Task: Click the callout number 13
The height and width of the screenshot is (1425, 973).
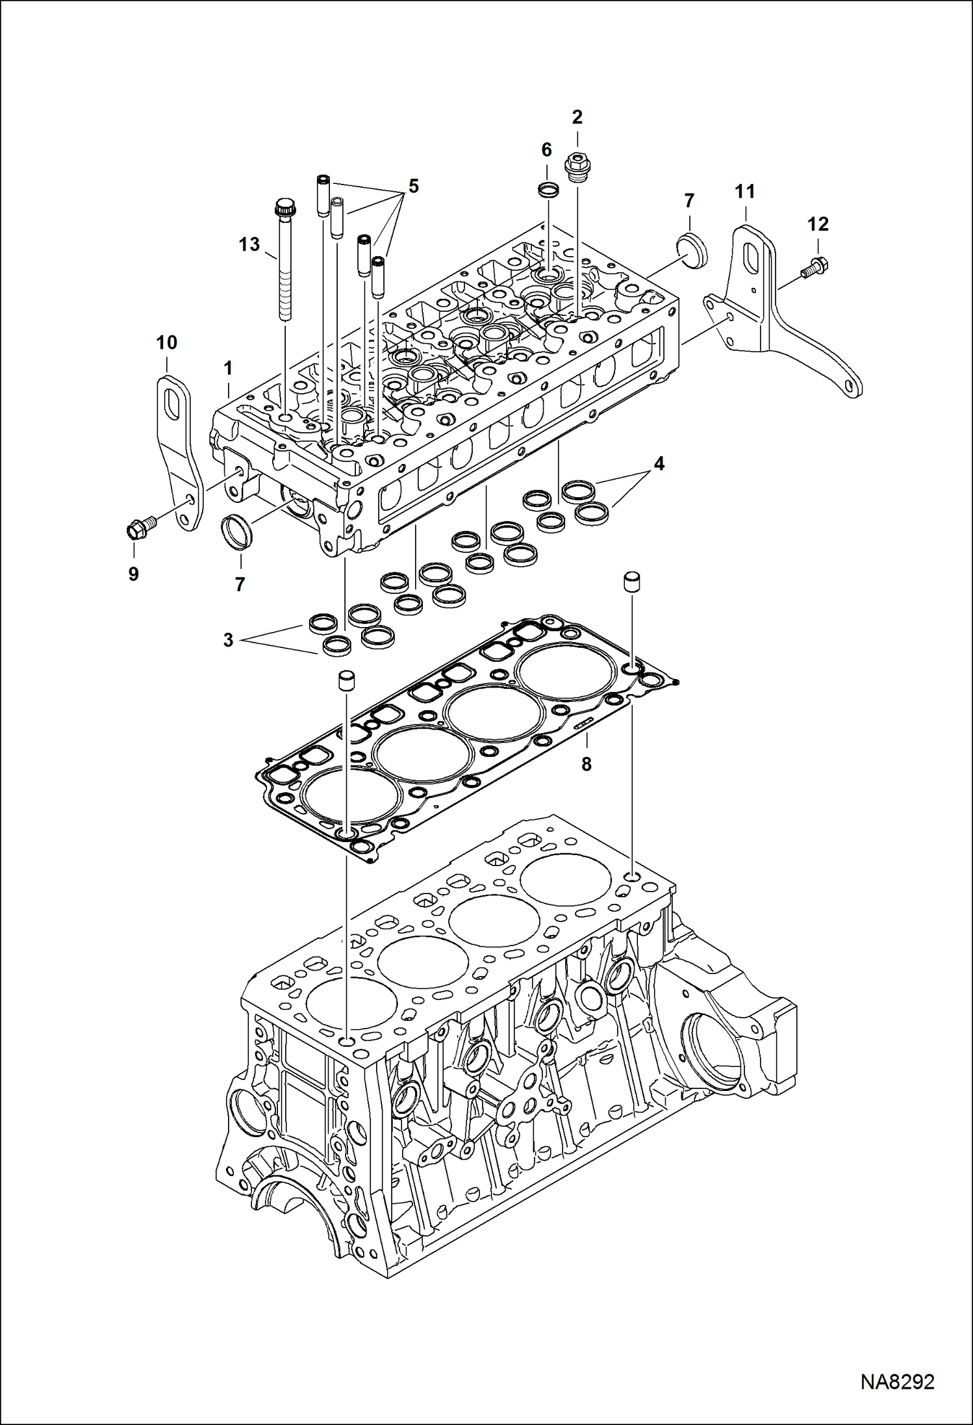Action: point(249,244)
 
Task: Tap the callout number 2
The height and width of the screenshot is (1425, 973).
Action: point(577,118)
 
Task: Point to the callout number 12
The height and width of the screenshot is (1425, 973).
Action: point(818,224)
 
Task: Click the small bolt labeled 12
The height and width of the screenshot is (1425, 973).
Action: point(813,267)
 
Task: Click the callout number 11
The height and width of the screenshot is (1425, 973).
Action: point(744,192)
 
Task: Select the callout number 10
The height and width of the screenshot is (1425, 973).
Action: point(166,342)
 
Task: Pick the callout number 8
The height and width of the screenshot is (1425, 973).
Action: point(586,764)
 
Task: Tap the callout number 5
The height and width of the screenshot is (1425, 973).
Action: point(413,186)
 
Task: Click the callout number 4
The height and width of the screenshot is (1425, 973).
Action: point(659,464)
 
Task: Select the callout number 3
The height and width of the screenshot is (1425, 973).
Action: point(228,640)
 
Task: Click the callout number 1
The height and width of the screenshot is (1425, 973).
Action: point(227,368)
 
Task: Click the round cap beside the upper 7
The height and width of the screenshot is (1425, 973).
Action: point(689,248)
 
